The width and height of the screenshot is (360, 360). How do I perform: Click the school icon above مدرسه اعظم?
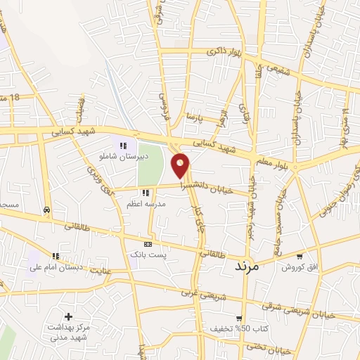146,192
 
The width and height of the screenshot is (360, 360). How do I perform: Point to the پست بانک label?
147,253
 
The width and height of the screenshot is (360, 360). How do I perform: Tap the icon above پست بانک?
147,243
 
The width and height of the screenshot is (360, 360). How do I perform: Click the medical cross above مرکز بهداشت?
68,316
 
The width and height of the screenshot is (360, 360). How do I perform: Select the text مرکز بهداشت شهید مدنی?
68,332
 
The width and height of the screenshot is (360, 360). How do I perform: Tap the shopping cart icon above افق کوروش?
300,257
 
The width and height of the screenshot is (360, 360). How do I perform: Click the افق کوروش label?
299,267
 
